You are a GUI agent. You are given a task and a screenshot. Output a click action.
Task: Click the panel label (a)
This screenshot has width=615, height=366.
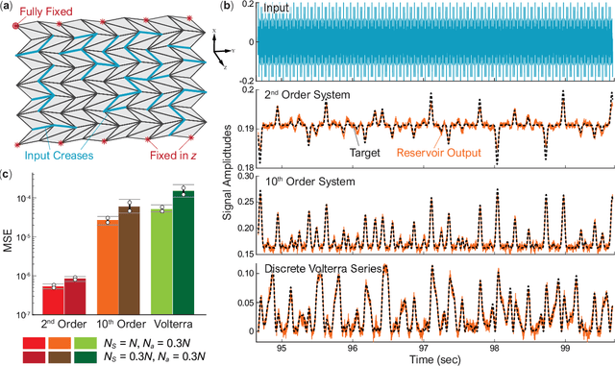tap(8, 6)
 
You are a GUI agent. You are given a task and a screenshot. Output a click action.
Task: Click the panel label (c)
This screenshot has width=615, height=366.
tap(8, 173)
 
